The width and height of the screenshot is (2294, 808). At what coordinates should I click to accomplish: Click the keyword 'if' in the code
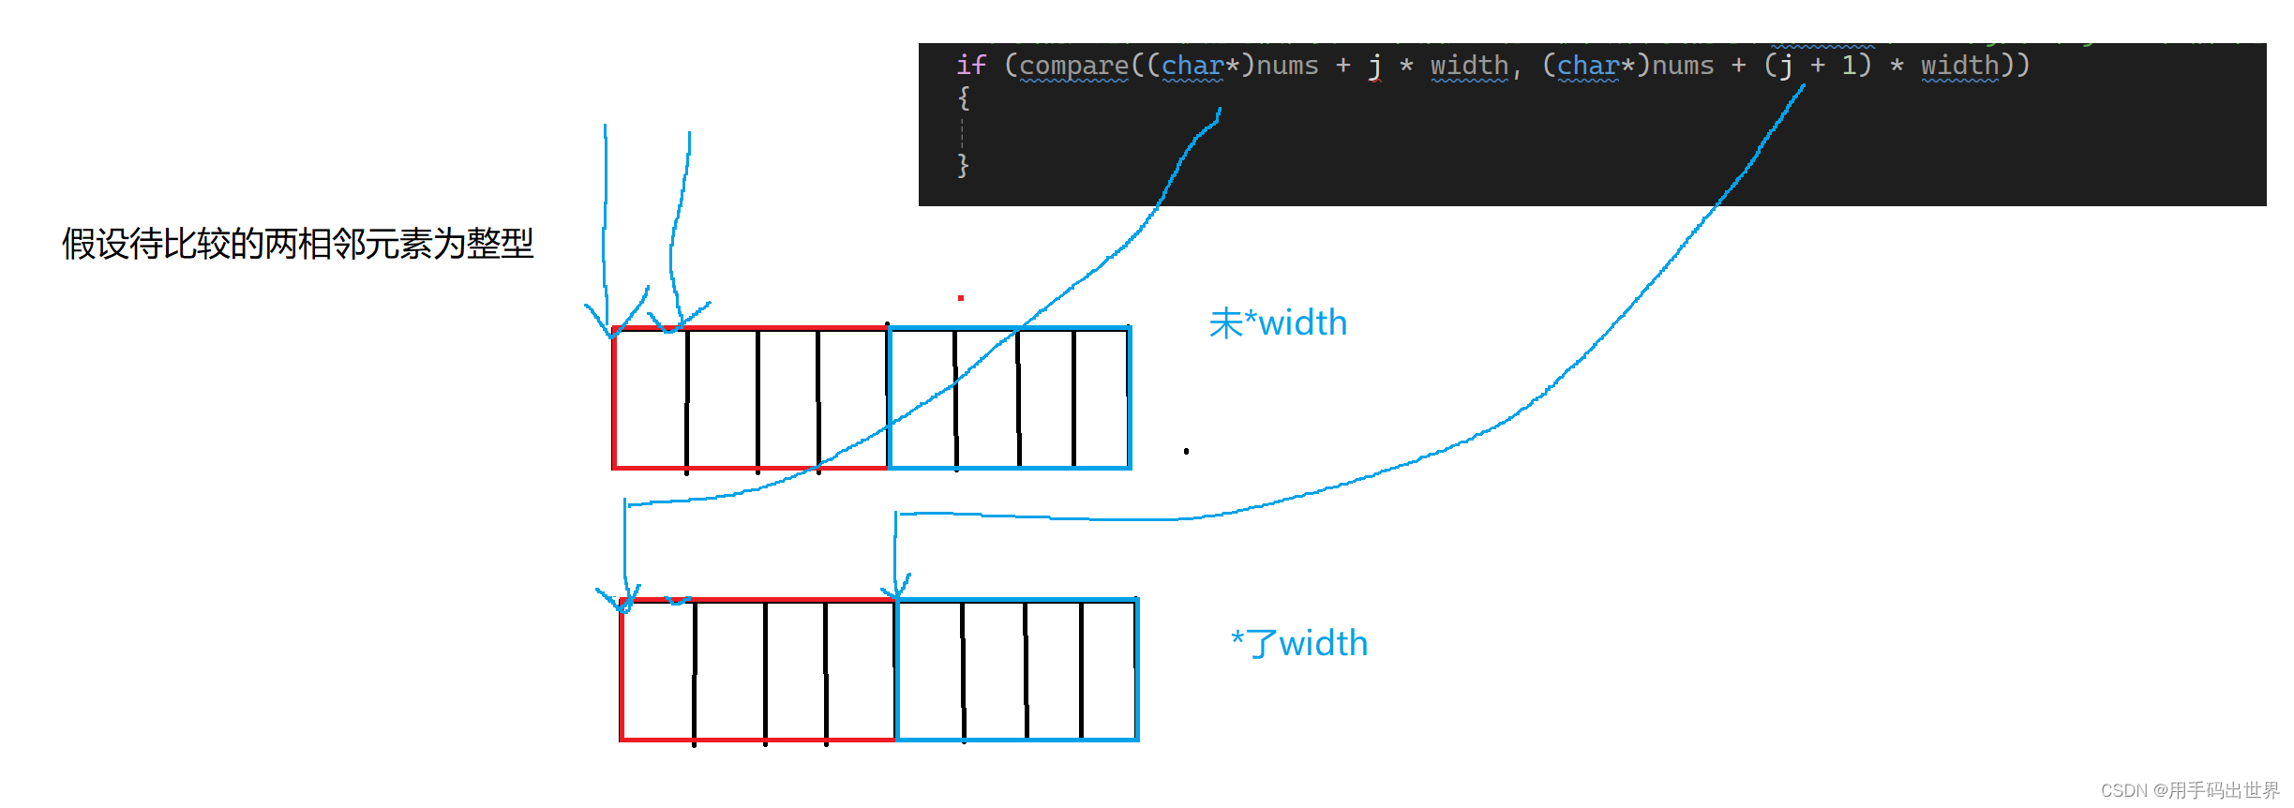[970, 65]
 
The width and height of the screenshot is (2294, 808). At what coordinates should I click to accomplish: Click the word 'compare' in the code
[1073, 65]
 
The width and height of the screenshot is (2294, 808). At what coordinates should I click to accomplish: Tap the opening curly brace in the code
[963, 97]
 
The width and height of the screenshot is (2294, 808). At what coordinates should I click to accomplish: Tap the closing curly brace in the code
[963, 166]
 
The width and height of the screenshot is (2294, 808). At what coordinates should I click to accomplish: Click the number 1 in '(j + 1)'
[1850, 65]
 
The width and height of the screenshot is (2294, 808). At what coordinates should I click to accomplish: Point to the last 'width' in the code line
[1959, 65]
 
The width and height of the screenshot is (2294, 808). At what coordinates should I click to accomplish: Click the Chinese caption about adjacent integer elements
[297, 244]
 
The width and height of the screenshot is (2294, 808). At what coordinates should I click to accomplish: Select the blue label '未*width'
[1278, 323]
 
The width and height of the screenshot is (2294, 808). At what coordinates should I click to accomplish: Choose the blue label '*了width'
[1299, 644]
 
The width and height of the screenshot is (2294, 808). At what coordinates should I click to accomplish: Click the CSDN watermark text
[2189, 790]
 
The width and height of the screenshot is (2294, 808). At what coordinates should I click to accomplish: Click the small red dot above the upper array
[961, 298]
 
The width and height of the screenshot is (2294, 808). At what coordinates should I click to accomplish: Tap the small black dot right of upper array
[1186, 451]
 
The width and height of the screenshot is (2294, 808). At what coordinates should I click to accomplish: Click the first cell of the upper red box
[650, 398]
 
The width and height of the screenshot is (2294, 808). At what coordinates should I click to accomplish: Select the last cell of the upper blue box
[1102, 398]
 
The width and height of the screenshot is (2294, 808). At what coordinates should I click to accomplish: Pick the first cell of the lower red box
[657, 670]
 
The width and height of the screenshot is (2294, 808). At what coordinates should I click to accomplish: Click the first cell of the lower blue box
[929, 670]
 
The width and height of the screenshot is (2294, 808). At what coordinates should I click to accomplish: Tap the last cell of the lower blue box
[1108, 670]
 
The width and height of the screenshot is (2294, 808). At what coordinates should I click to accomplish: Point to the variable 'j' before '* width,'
[1374, 65]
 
